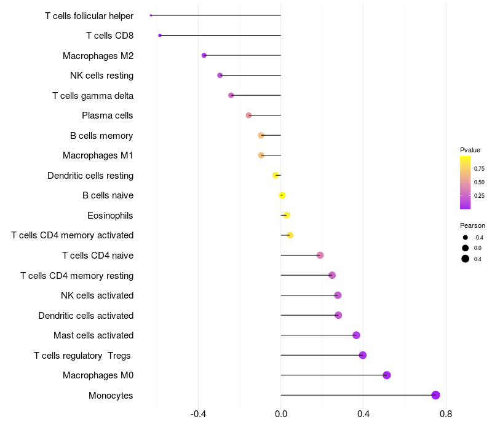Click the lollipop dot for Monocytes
tap(435, 395)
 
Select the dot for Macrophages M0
tap(387, 375)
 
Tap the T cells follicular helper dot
tap(151, 15)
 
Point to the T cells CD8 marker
tap(160, 36)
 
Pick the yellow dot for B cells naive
tap(282, 195)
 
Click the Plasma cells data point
tap(248, 115)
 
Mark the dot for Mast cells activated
tap(356, 335)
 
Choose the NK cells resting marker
tap(220, 75)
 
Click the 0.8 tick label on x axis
tap(446, 414)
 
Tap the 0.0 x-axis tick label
tap(281, 414)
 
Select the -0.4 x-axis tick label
tap(198, 414)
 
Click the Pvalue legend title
tap(470, 150)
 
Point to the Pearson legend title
tap(472, 225)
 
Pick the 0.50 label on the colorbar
tap(479, 182)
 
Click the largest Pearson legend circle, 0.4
tap(466, 259)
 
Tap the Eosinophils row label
tap(110, 216)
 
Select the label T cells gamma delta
tap(93, 96)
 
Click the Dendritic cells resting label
tap(90, 176)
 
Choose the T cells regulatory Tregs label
tap(82, 356)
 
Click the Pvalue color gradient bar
tap(466, 182)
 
